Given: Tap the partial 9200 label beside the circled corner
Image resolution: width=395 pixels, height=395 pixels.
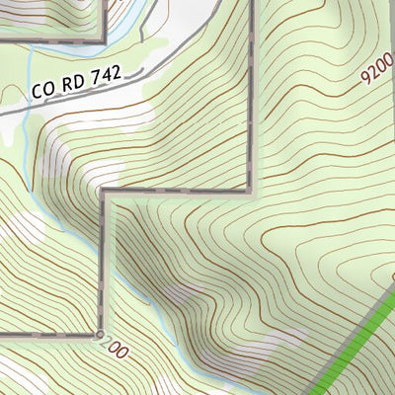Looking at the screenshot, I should (x=116, y=349).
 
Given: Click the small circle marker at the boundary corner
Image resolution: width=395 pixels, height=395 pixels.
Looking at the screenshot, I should (x=101, y=336).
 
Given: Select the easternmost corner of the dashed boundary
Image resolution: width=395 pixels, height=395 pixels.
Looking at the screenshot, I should (x=251, y=190).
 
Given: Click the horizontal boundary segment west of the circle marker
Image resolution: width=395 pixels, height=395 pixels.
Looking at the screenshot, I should (x=49, y=336).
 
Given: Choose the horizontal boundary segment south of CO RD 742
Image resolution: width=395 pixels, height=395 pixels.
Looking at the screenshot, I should (x=178, y=190).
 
